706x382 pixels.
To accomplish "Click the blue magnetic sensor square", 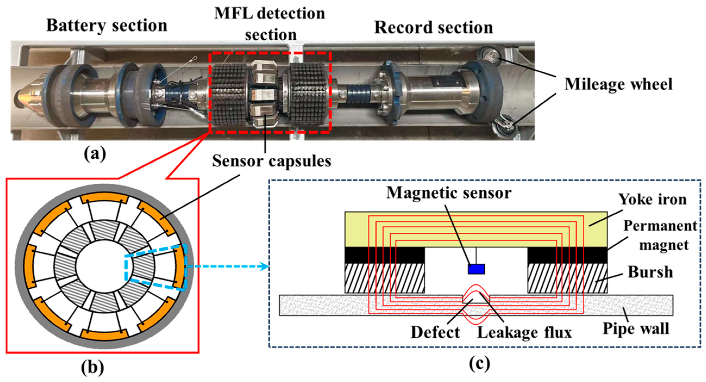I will (476, 269).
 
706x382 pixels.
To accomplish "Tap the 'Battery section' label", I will (106, 26).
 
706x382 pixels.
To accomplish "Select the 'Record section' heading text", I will (433, 27).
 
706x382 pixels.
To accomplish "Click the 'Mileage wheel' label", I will (618, 84).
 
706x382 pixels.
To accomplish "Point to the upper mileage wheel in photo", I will (489, 56).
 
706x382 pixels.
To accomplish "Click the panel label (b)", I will (92, 368).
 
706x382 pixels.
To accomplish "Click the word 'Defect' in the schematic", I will (435, 332).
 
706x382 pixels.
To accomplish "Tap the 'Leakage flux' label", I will (524, 332).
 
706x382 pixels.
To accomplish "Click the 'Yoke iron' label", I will (652, 199).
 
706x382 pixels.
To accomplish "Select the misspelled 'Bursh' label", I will (650, 272).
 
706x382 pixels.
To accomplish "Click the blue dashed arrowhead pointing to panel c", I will (265, 266).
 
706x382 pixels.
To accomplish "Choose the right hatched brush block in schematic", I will (567, 278).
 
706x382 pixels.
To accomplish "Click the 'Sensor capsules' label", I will (271, 161).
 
